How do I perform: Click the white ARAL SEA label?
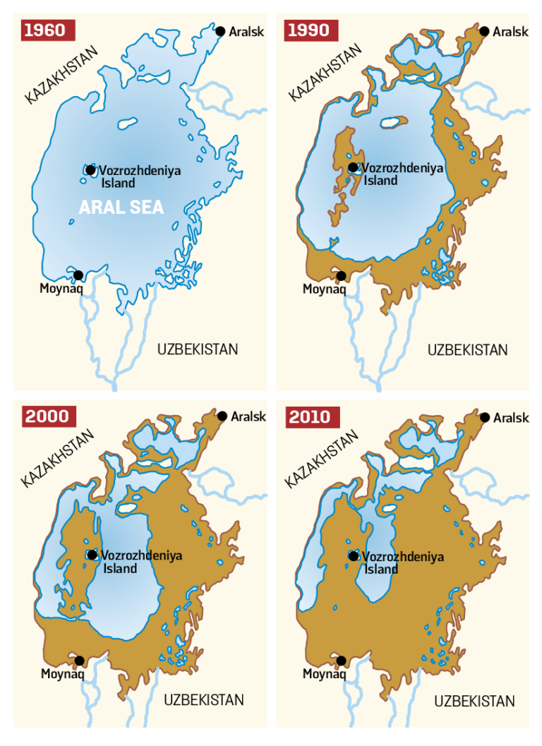[121, 207]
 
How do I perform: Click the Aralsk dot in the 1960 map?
[220, 31]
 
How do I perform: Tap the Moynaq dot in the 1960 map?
[78, 275]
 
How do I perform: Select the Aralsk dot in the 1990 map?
[484, 31]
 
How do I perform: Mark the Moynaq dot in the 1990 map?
[342, 276]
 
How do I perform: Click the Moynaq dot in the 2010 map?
[342, 661]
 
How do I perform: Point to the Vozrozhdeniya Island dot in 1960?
[90, 170]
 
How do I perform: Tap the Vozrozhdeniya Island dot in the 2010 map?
[353, 556]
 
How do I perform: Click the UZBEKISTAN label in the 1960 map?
[198, 349]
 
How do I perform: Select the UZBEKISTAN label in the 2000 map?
[204, 700]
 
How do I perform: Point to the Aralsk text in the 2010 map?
[511, 419]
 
